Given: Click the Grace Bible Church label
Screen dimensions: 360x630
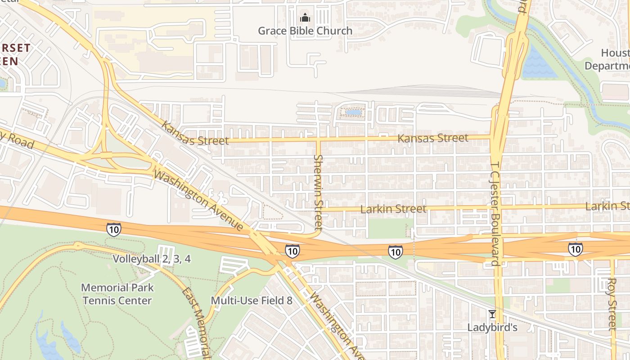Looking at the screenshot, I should coord(305,31).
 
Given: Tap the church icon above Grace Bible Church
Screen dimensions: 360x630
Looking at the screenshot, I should coord(305,18).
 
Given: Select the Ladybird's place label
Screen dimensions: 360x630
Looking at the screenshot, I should coord(492,327).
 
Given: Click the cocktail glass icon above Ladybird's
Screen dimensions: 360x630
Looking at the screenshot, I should coord(492,314).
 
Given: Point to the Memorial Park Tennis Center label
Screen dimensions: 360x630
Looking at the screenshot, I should coord(117,294).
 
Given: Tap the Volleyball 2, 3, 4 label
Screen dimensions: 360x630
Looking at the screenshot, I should coord(152,259).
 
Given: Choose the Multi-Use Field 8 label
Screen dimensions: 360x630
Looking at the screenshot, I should coord(252,300).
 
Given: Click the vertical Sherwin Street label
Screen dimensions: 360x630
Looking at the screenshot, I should coord(318,192).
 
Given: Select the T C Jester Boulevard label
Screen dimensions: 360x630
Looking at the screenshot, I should coord(495,214).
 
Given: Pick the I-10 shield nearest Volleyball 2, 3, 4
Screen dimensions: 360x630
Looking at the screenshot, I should coord(114,229).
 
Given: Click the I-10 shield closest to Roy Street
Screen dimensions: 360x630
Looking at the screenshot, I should coord(575,249).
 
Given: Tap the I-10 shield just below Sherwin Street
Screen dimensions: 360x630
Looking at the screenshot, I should coord(292,251).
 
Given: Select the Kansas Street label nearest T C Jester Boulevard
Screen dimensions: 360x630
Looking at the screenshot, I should coord(433,138).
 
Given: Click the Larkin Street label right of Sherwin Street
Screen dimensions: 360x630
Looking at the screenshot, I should coord(393,209).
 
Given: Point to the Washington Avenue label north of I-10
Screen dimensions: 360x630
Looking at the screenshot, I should coord(198,200).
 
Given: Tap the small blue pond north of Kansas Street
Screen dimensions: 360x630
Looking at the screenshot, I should coord(354,112).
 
